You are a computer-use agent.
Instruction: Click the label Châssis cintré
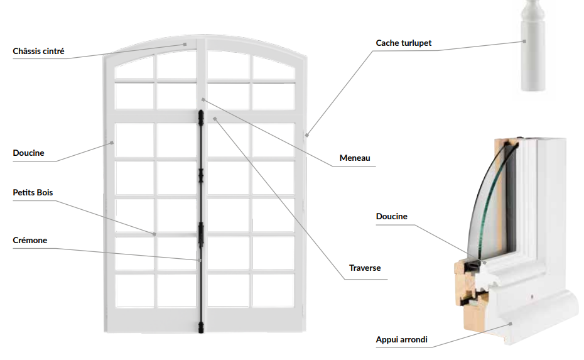[38, 51]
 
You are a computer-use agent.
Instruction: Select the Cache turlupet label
[404, 43]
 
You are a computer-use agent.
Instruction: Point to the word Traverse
[365, 268]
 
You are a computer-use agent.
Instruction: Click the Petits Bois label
[37, 192]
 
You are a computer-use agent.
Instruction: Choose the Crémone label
[30, 240]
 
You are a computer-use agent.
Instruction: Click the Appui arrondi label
[401, 340]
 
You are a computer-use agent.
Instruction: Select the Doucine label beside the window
[28, 153]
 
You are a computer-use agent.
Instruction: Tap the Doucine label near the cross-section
[391, 217]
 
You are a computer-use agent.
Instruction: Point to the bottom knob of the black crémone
[201, 327]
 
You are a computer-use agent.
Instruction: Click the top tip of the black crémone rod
[201, 113]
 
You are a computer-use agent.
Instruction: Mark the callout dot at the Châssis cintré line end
[185, 44]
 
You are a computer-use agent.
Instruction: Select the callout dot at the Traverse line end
[215, 118]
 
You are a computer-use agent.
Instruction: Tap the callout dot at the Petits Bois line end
[154, 234]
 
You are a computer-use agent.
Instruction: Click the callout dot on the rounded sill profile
[511, 324]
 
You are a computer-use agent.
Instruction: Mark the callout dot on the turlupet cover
[524, 41]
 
